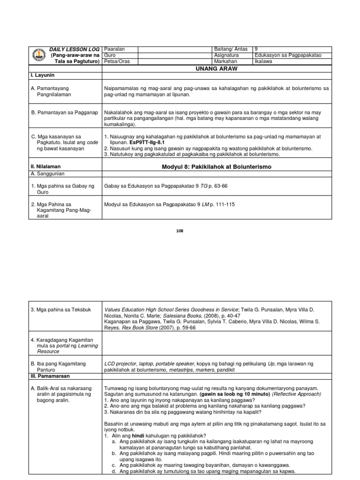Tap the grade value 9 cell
pos(255,49)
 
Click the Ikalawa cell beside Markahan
pos(264,61)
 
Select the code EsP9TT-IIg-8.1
pos(146,142)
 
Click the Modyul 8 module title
pos(216,166)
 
